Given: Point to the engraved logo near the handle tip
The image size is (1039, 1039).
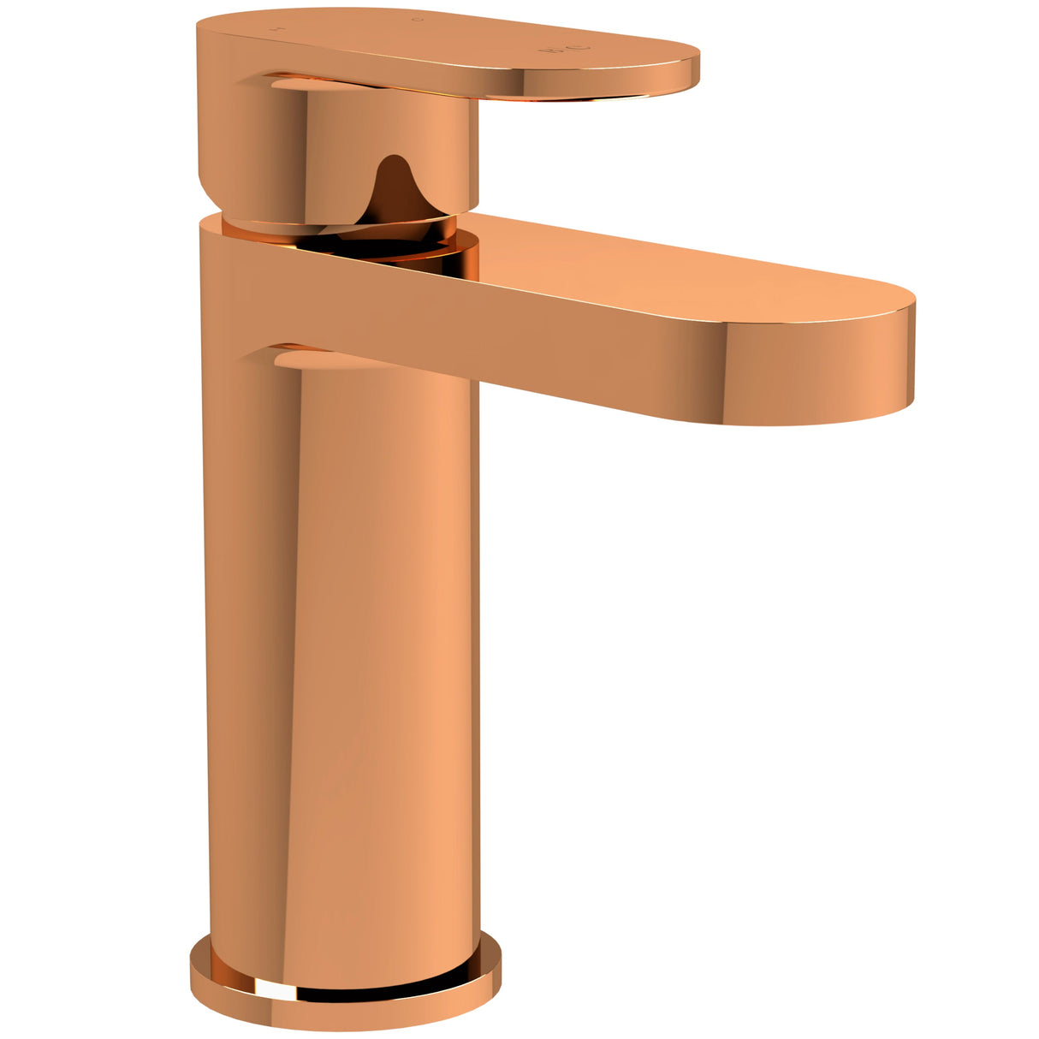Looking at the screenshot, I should pos(564,48).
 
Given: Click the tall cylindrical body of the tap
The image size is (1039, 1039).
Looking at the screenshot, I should pos(342,642).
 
